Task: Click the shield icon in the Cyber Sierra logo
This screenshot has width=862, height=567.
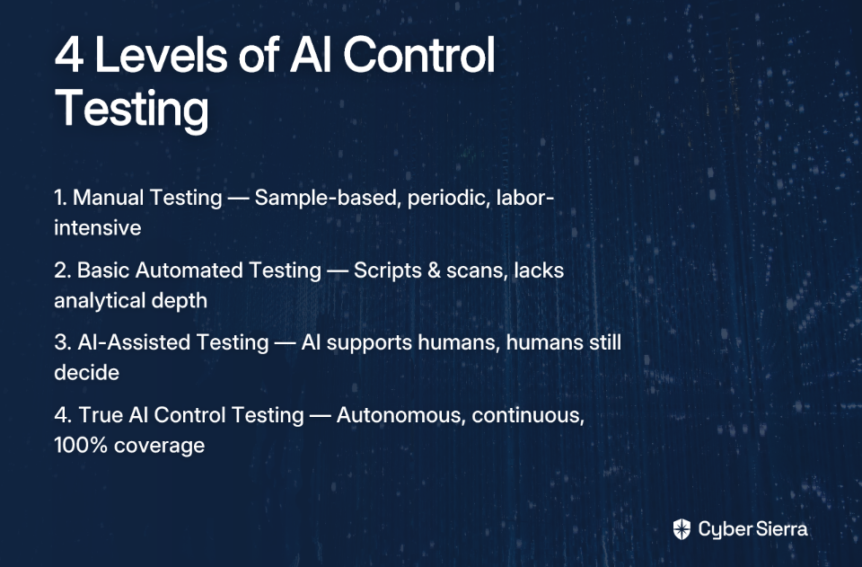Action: [682, 529]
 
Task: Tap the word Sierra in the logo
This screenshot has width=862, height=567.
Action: [781, 529]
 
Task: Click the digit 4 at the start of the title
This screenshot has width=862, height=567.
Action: [69, 55]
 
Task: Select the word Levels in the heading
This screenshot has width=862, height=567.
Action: [161, 54]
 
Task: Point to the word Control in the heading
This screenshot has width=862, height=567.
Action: [419, 54]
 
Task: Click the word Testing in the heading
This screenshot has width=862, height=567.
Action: [132, 109]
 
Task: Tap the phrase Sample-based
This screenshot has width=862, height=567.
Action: [327, 198]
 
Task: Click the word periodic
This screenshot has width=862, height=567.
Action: [448, 198]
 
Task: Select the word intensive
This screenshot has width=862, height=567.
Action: [97, 227]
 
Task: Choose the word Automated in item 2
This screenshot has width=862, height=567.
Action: [189, 270]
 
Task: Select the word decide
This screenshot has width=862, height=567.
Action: [86, 372]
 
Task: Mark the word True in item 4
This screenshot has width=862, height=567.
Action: [101, 414]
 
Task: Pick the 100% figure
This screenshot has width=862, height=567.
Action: [80, 445]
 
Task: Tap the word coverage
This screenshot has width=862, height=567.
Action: [160, 446]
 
